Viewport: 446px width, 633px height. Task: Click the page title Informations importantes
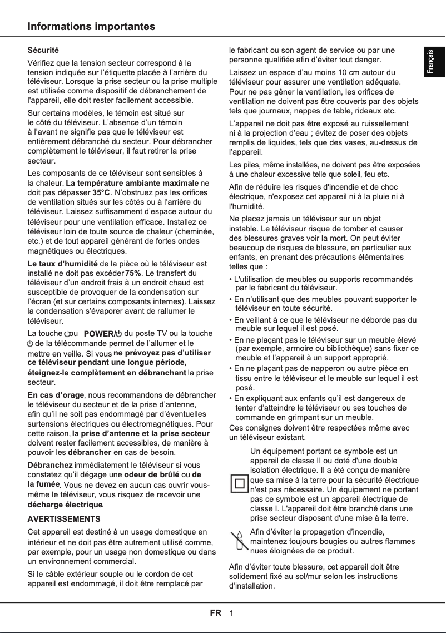92,27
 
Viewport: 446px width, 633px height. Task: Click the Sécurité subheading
43,51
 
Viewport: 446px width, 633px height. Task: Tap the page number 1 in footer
231,614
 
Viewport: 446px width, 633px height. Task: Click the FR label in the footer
215,613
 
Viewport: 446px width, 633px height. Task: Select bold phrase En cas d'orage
56,395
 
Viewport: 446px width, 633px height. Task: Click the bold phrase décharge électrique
65,505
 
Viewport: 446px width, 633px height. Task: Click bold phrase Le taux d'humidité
63,263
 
